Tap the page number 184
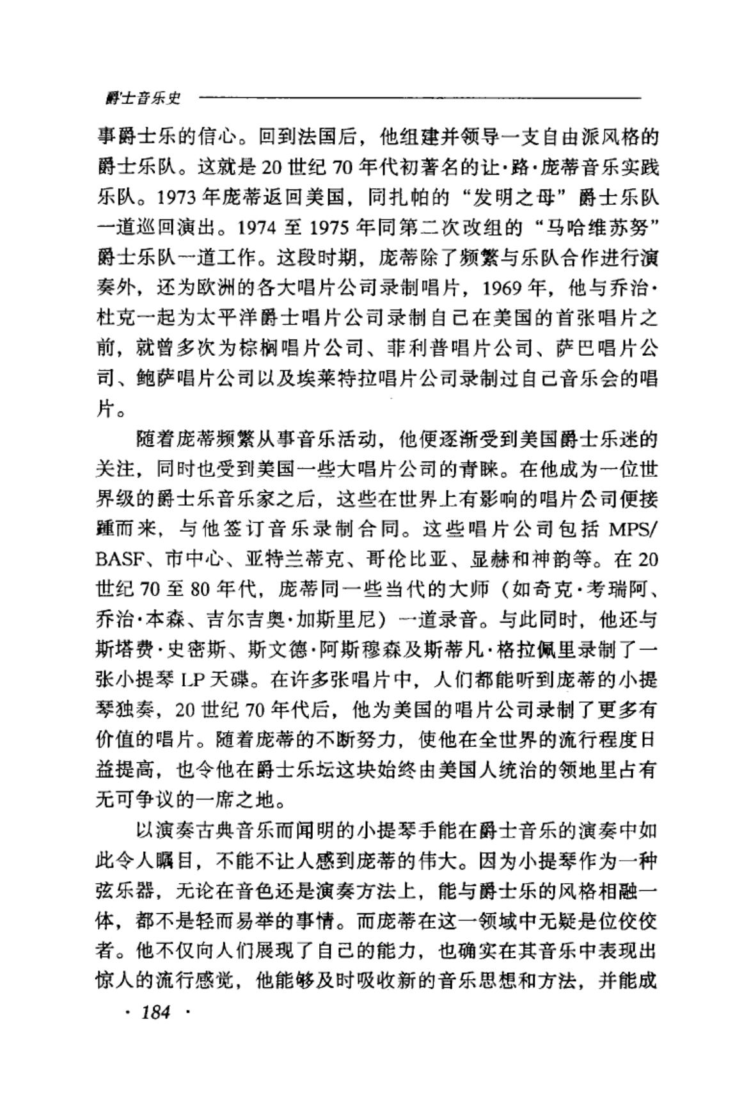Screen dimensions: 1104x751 (x=155, y=1012)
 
